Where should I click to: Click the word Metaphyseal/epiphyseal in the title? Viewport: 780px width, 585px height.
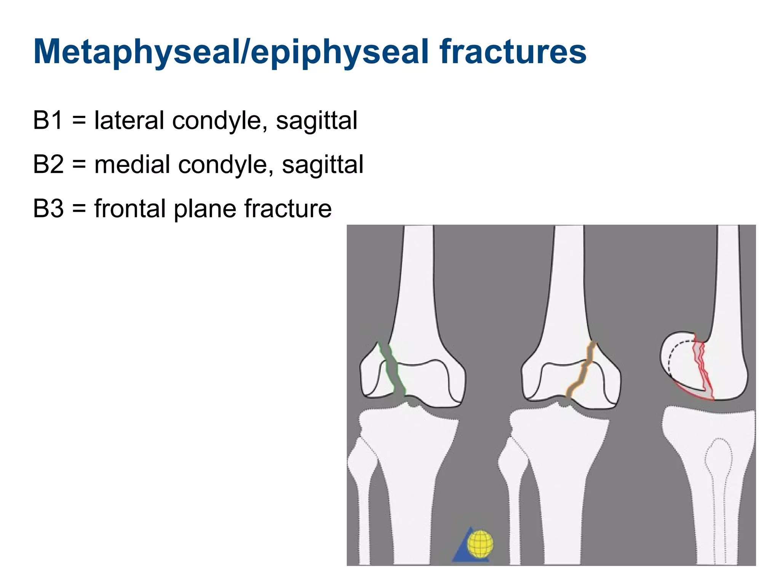pyautogui.click(x=233, y=52)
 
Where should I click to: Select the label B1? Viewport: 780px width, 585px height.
pyautogui.click(x=48, y=120)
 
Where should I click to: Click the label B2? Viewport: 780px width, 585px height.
pyautogui.click(x=48, y=165)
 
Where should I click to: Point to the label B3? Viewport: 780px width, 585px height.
pyautogui.click(x=48, y=209)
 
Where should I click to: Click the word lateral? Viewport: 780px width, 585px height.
pyautogui.click(x=130, y=120)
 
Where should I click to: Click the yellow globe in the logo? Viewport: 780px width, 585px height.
pyautogui.click(x=480, y=543)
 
